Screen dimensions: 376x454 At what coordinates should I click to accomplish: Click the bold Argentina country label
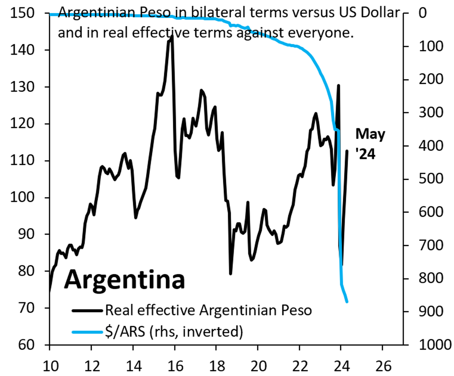(x=124, y=280)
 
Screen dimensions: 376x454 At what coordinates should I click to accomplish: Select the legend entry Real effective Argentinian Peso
(x=208, y=311)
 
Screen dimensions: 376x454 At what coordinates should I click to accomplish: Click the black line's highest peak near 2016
(x=172, y=36)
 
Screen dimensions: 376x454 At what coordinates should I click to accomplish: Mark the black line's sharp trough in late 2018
(x=230, y=274)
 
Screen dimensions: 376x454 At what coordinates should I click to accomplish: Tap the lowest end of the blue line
(x=347, y=302)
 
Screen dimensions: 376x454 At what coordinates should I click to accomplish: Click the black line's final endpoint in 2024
(x=347, y=151)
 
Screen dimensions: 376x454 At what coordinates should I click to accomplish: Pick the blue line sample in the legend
(x=87, y=333)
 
